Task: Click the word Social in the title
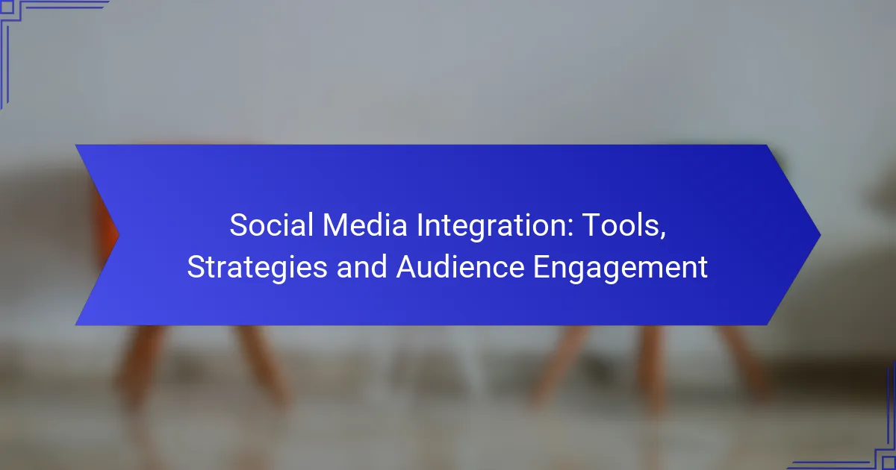pyautogui.click(x=271, y=225)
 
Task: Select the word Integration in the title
pyautogui.click(x=491, y=227)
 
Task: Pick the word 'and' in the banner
pyautogui.click(x=361, y=266)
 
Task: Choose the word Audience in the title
pyautogui.click(x=460, y=266)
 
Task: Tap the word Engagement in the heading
pyautogui.click(x=620, y=269)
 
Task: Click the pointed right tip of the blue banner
pyautogui.click(x=821, y=235)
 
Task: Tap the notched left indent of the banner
pyautogui.click(x=119, y=235)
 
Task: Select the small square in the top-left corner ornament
pyautogui.click(x=7, y=7)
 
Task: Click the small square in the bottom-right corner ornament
pyautogui.click(x=889, y=463)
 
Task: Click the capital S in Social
pyautogui.click(x=239, y=225)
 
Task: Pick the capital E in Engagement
pyautogui.click(x=542, y=266)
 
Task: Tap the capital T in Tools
pyautogui.click(x=591, y=225)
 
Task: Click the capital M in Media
pyautogui.click(x=335, y=225)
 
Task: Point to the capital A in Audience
pyautogui.click(x=408, y=266)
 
